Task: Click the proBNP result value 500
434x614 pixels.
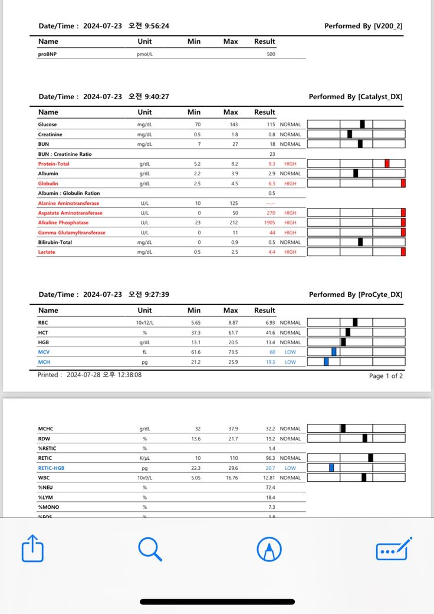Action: click(271, 54)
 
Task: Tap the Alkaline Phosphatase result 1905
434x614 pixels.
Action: click(269, 223)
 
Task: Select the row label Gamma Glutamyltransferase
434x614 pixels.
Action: click(71, 233)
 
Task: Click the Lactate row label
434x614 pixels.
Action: click(47, 252)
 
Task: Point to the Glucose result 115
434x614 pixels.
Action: click(271, 125)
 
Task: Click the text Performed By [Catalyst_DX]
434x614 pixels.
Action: click(356, 97)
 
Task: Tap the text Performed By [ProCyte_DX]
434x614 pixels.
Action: click(356, 295)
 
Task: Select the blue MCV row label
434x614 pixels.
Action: click(44, 352)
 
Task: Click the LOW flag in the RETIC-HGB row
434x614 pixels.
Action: click(290, 468)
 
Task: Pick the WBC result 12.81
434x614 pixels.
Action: click(269, 478)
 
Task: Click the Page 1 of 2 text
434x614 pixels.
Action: click(386, 376)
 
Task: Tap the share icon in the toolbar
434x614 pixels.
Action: click(32, 549)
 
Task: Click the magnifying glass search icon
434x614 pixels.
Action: click(150, 549)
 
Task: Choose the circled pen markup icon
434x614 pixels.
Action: click(269, 550)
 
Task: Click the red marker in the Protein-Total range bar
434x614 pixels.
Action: click(387, 164)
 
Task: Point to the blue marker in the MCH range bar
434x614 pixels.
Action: click(326, 361)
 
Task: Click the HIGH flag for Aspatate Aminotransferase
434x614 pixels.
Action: click(290, 213)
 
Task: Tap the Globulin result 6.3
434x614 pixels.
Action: click(271, 184)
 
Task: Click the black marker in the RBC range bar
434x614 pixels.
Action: click(355, 322)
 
